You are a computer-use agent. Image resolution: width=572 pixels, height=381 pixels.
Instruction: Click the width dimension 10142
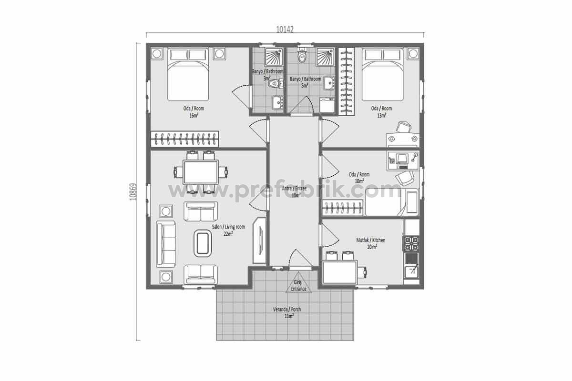[285, 30]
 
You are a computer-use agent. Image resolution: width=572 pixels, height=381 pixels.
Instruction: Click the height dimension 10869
[133, 191]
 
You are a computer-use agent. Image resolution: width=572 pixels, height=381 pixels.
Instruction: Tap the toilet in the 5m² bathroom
[302, 55]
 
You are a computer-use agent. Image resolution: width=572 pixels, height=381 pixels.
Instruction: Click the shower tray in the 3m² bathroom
[274, 56]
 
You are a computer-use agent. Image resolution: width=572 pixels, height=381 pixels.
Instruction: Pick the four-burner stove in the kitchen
[411, 244]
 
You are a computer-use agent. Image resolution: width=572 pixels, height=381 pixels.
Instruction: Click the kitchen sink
[411, 272]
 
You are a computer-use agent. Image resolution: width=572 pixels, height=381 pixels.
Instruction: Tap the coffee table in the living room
[203, 243]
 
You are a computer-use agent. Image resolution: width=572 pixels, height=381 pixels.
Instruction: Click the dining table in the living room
[201, 172]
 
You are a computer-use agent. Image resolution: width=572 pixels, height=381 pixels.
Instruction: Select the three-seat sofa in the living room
[166, 244]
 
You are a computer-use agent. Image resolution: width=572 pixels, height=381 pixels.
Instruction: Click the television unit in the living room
[259, 241]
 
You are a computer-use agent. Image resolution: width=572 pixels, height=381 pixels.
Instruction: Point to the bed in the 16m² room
[188, 74]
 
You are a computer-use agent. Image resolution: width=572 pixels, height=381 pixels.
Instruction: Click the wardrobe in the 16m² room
[184, 140]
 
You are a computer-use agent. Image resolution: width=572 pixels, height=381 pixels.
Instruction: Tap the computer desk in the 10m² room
[403, 161]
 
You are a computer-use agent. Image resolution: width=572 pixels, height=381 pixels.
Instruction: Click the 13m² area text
[381, 115]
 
